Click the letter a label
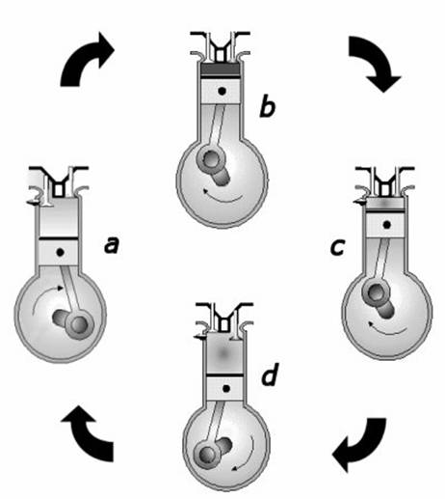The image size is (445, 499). (112, 245)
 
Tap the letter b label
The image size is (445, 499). (267, 106)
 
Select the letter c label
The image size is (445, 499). (338, 247)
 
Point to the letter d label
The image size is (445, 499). (269, 374)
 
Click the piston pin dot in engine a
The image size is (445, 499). (60, 253)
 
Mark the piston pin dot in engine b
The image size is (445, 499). (222, 92)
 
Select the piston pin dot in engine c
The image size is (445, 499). (386, 225)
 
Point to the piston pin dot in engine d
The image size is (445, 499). (226, 389)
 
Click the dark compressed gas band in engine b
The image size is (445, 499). (220, 69)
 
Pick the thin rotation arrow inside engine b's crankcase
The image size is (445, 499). (223, 198)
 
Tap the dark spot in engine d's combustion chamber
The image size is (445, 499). (224, 354)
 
